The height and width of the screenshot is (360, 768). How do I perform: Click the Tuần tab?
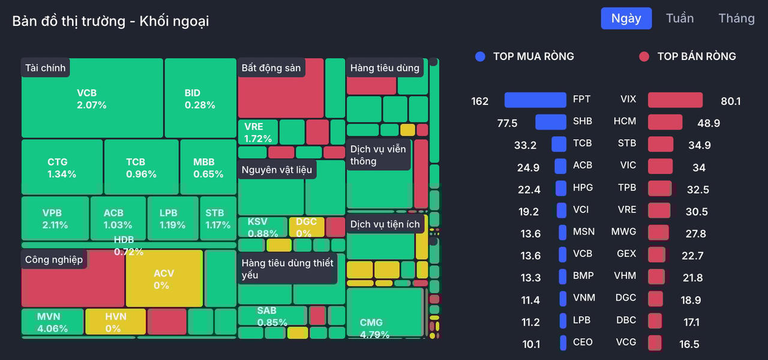pos(680,18)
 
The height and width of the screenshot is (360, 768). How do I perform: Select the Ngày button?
pos(626,18)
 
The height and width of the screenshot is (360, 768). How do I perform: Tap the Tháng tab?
pos(736,18)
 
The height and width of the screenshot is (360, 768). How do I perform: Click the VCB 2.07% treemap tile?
pos(92,98)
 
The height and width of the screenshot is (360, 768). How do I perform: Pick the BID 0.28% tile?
pos(200,98)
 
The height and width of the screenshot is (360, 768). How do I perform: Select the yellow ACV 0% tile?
pos(164,279)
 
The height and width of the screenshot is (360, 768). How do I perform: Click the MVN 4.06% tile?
pos(52,322)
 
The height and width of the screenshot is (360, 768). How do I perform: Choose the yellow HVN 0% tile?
pos(115,322)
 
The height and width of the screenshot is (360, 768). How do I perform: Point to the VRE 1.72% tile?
pos(257,133)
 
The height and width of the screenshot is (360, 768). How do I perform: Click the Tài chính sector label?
pos(46,68)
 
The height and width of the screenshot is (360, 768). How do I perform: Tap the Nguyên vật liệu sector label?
pos(277,170)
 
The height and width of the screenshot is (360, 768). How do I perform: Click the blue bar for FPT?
pos(535,100)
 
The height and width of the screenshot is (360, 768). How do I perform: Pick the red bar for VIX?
pos(675,100)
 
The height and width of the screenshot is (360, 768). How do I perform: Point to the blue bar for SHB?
pos(551,122)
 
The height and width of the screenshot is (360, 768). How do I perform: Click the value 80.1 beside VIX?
pos(730,101)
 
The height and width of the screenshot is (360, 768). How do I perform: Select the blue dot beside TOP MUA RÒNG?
pos(479,56)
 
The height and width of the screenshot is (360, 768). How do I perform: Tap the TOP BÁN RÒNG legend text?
pos(696,56)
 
